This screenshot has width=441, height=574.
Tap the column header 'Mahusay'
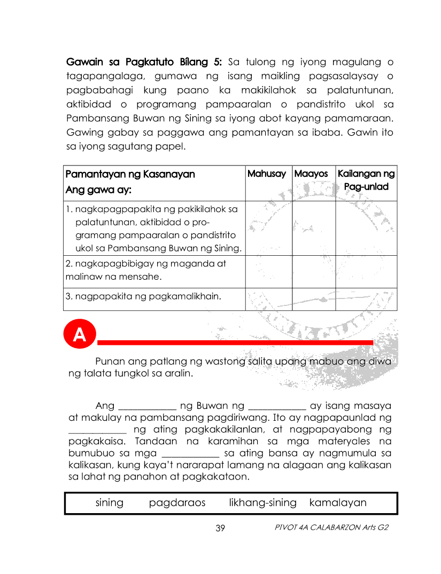tap(267, 174)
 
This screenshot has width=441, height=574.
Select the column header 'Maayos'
tap(311, 174)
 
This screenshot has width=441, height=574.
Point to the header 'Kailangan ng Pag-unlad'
tap(366, 180)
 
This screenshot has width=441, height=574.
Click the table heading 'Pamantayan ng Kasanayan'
tap(130, 174)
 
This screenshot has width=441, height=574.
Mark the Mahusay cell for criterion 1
tap(268, 228)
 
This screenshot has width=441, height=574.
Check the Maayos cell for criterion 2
tap(314, 271)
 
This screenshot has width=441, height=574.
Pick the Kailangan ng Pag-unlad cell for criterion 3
tap(366, 299)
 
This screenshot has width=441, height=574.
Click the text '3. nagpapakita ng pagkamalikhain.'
tap(143, 296)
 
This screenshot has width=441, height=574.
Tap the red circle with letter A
tap(79, 335)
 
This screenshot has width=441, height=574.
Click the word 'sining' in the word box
tap(109, 502)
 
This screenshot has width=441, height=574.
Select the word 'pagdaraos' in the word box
tap(177, 502)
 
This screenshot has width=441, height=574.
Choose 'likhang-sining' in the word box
tap(262, 502)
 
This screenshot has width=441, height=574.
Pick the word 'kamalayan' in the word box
tap(338, 502)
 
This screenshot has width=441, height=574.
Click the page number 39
tap(220, 528)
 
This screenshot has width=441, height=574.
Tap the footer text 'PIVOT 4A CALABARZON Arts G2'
tap(331, 528)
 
